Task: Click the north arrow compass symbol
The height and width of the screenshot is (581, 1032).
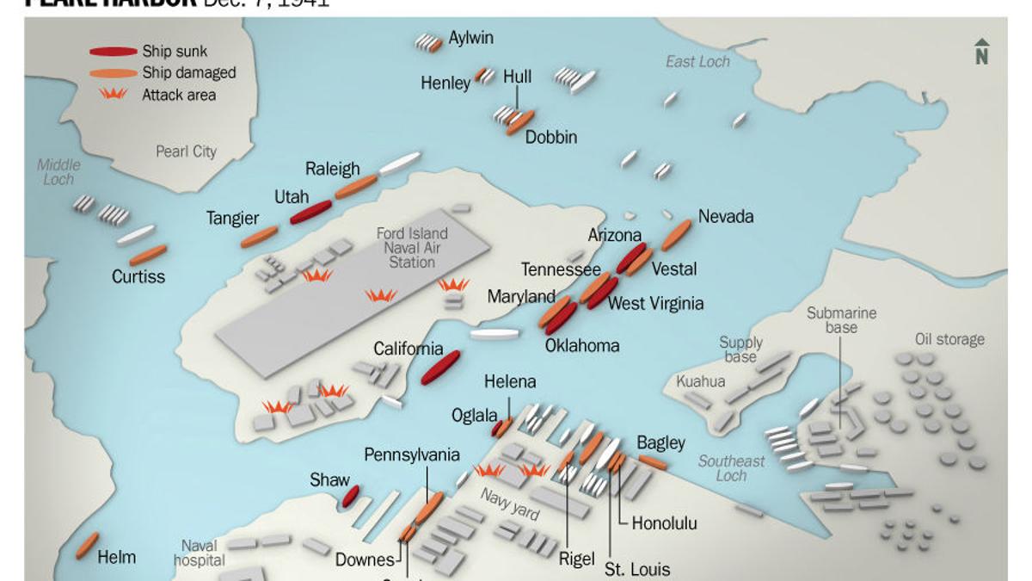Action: click(981, 52)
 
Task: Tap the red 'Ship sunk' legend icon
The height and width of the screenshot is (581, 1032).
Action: click(114, 52)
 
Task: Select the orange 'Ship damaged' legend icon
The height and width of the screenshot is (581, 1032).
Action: click(114, 73)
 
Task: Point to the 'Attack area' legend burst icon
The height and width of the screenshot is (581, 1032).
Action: click(114, 95)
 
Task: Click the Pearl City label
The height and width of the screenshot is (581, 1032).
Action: click(186, 151)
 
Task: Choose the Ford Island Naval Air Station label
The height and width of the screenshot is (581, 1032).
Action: click(412, 247)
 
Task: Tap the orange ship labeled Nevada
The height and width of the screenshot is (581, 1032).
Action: click(676, 234)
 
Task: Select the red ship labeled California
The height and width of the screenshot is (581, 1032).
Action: click(439, 368)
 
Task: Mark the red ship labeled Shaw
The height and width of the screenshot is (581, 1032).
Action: click(350, 496)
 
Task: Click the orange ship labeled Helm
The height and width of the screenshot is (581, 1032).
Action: click(87, 545)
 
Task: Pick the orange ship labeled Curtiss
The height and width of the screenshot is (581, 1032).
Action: click(148, 255)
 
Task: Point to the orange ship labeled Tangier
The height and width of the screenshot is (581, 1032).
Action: click(259, 237)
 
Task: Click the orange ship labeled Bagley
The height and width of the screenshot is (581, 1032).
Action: click(652, 462)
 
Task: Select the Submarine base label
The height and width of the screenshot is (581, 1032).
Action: click(841, 321)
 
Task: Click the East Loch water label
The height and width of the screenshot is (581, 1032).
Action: click(697, 61)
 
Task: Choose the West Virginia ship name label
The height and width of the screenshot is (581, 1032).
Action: click(655, 303)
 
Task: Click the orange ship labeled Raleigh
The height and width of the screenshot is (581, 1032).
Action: click(356, 187)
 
